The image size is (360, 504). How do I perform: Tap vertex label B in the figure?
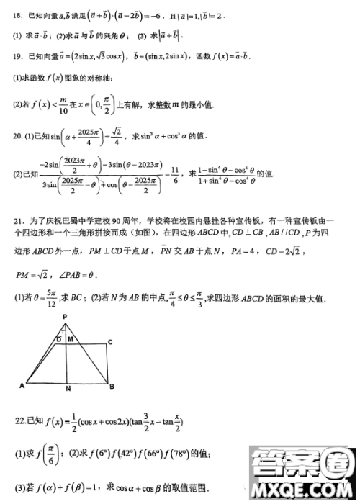point(112,387)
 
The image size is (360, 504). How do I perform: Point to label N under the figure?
point(67,390)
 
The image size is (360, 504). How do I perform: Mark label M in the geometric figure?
point(71,338)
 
